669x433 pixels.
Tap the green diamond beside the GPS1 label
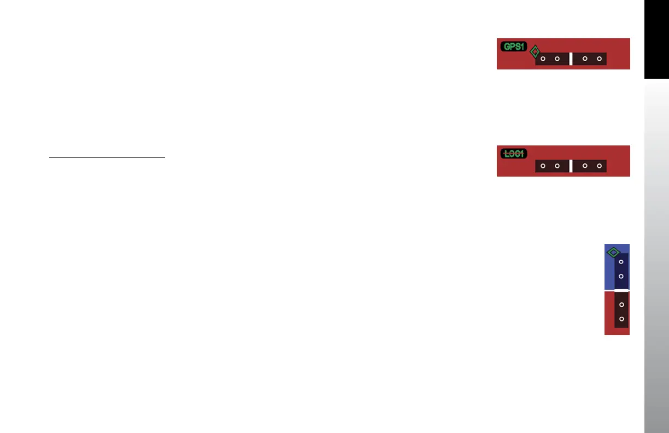535,52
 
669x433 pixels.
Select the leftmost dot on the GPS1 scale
543,58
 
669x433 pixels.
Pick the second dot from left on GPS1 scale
557,58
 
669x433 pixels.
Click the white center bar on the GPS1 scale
571,58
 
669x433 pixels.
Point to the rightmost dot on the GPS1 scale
599,58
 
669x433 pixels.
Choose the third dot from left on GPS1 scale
585,58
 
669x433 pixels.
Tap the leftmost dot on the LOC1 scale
543,165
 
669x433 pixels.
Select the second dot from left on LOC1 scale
557,165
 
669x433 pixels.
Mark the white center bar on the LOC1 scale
571,166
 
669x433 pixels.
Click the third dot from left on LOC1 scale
585,165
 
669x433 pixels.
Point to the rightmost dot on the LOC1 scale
599,165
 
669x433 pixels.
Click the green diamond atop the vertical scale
613,253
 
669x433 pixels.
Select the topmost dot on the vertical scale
621,262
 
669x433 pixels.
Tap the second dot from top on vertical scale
621,276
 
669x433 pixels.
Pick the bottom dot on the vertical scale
621,318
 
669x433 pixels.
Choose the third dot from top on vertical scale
621,304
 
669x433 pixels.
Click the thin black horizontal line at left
107,158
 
